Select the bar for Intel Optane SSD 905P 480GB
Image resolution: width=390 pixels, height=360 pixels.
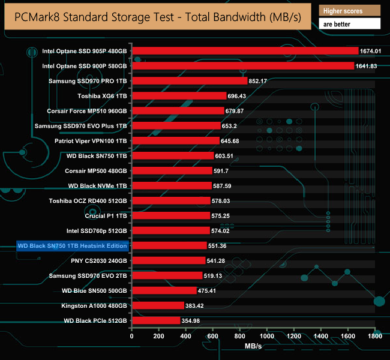(245, 51)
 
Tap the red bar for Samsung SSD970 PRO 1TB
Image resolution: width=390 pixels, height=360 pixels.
(190, 81)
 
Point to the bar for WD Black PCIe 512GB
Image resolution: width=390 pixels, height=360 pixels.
(156, 321)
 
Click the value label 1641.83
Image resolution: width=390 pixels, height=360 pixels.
(371, 66)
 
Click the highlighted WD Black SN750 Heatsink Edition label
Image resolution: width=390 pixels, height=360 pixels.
(73, 246)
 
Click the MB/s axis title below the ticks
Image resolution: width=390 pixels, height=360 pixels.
(253, 347)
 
